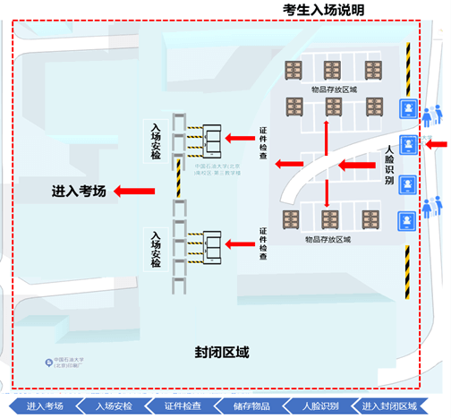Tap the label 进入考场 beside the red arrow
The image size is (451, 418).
click(79, 191)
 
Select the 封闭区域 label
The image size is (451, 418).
click(221, 352)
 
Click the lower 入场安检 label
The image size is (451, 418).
click(156, 250)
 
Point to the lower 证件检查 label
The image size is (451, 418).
click(263, 243)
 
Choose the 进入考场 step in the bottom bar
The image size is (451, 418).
click(45, 406)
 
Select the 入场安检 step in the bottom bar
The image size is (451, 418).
click(114, 406)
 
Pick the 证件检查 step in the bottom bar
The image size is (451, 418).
click(183, 406)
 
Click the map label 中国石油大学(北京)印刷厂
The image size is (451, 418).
click(68, 364)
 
